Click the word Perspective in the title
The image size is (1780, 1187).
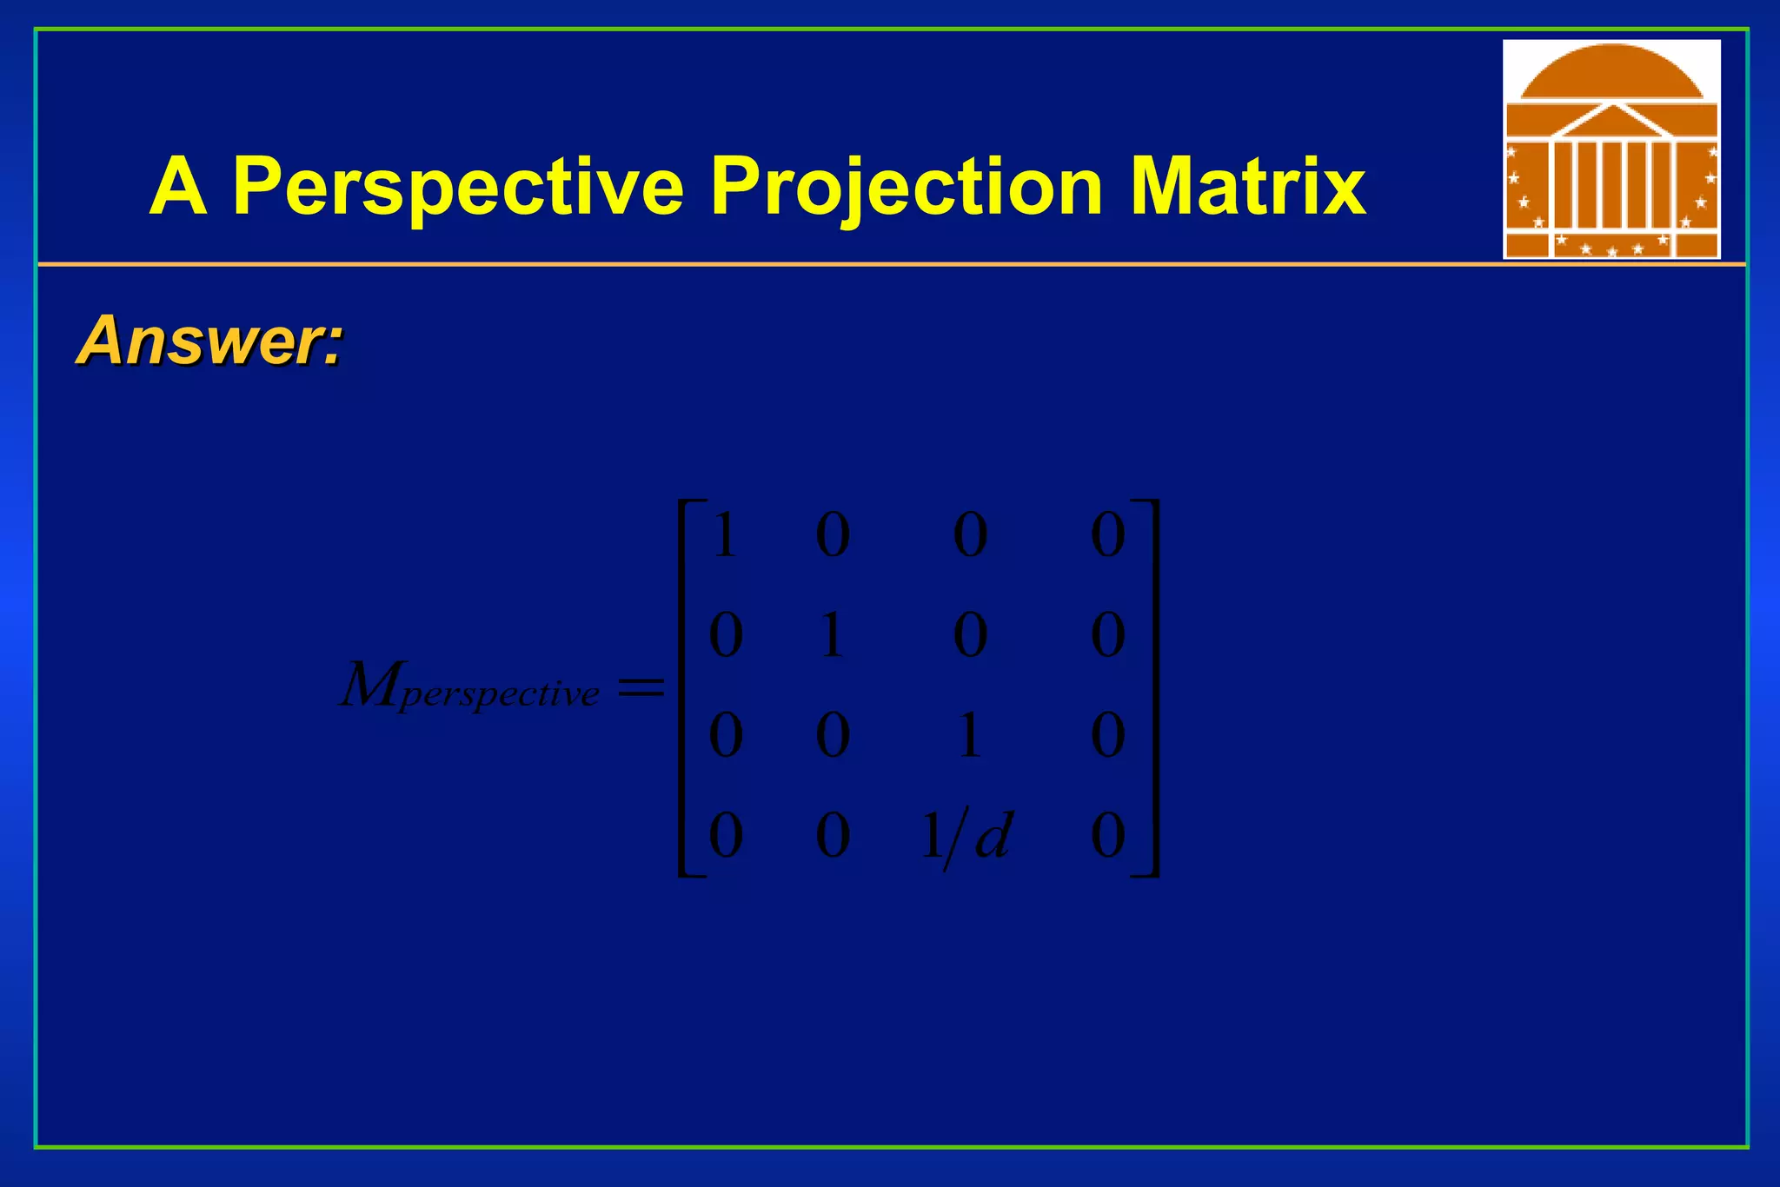(x=458, y=187)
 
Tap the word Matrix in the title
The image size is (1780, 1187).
(x=1248, y=187)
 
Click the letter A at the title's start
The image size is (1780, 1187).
(x=178, y=187)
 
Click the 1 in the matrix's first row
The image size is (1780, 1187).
(x=725, y=535)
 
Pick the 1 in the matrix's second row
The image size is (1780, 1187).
(x=832, y=635)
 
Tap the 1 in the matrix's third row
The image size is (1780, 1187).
(x=969, y=735)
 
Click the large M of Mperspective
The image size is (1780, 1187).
(x=368, y=686)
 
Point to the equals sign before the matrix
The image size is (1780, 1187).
(x=641, y=689)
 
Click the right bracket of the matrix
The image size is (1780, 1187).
(x=1151, y=688)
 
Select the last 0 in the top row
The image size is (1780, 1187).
(x=1108, y=535)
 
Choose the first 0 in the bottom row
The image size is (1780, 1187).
(x=725, y=837)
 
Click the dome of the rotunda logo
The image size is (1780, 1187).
(x=1611, y=71)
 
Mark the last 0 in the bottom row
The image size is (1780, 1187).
(x=1108, y=837)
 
